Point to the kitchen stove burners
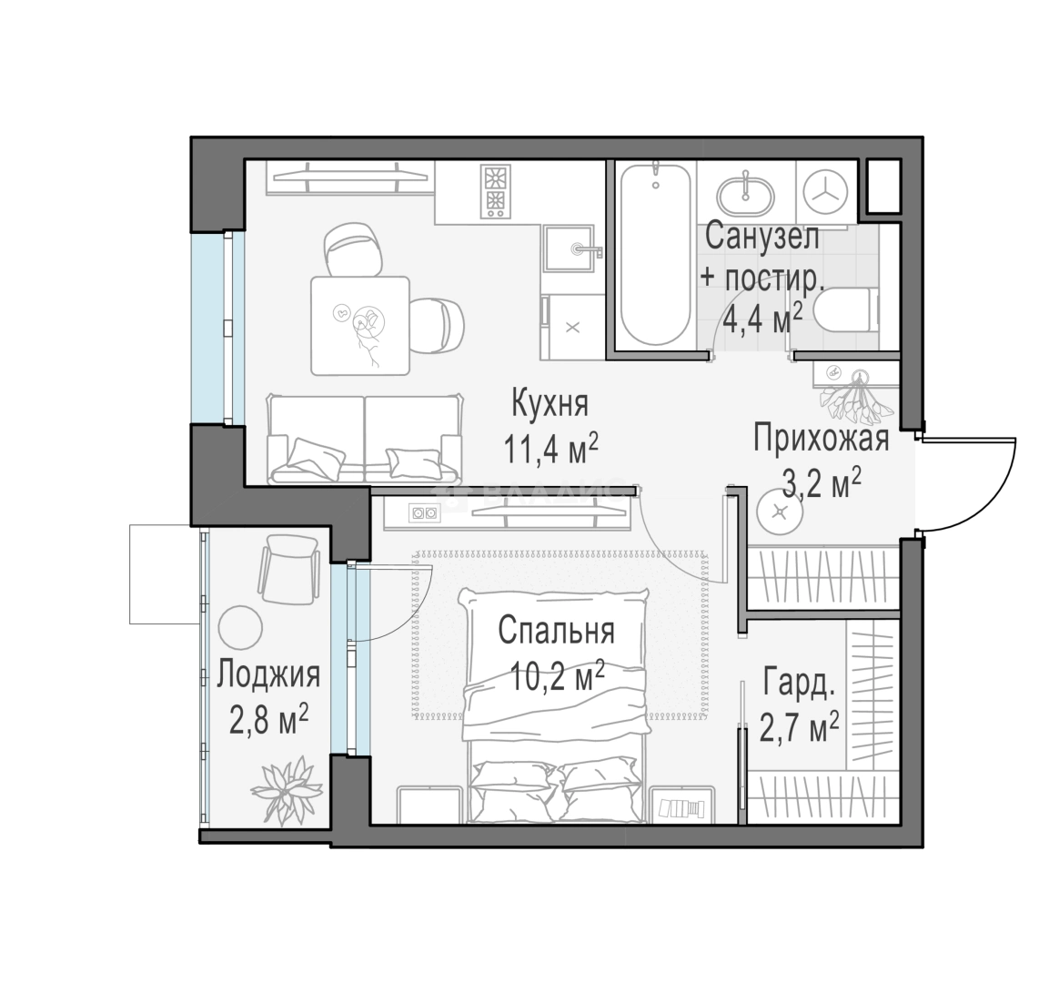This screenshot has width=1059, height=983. (495, 190)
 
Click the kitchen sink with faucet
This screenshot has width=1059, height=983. (572, 249)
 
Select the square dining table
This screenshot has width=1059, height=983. (360, 326)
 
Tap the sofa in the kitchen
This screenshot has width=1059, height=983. (365, 439)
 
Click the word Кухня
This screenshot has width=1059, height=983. (550, 404)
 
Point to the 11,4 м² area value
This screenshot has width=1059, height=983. (550, 449)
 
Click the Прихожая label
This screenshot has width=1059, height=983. (821, 439)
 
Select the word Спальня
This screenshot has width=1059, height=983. (557, 631)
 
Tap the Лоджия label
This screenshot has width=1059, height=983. (268, 675)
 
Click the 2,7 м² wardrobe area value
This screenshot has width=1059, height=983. (799, 726)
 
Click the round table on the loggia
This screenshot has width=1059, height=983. (240, 626)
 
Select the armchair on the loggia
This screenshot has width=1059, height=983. (289, 569)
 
